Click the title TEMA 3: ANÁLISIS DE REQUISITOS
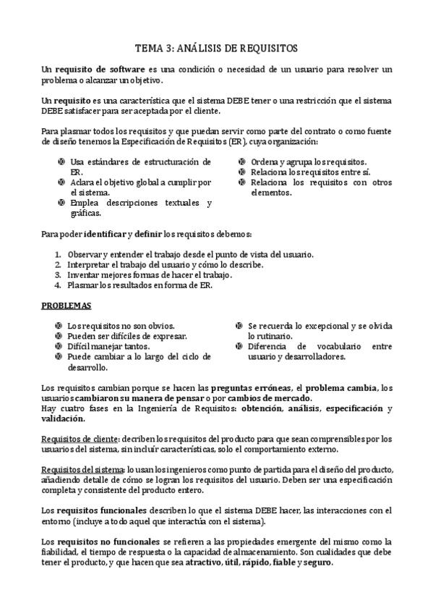(216, 48)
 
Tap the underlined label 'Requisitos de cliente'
(80, 439)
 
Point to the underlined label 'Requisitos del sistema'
(82, 470)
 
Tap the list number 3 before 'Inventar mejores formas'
(59, 276)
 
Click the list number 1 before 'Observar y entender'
(59, 256)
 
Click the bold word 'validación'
(63, 419)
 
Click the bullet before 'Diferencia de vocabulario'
(240, 347)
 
